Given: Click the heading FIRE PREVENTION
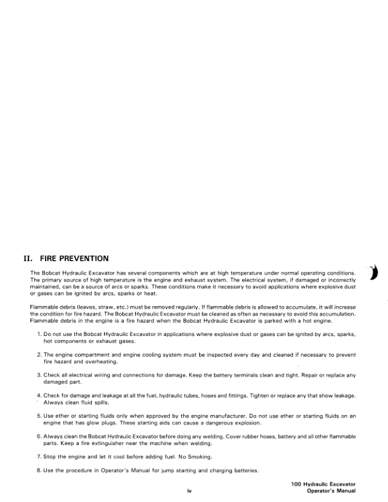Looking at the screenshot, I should [x=75, y=259].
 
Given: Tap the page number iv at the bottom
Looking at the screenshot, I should [x=189, y=491].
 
